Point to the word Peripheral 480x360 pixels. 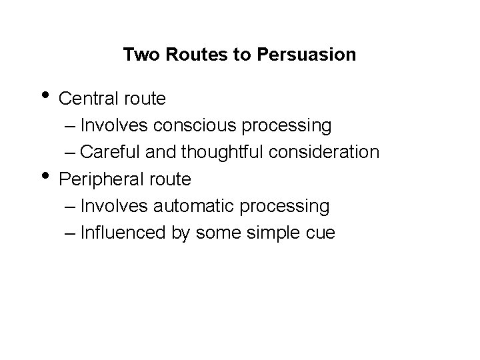97,179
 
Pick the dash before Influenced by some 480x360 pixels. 72,234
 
